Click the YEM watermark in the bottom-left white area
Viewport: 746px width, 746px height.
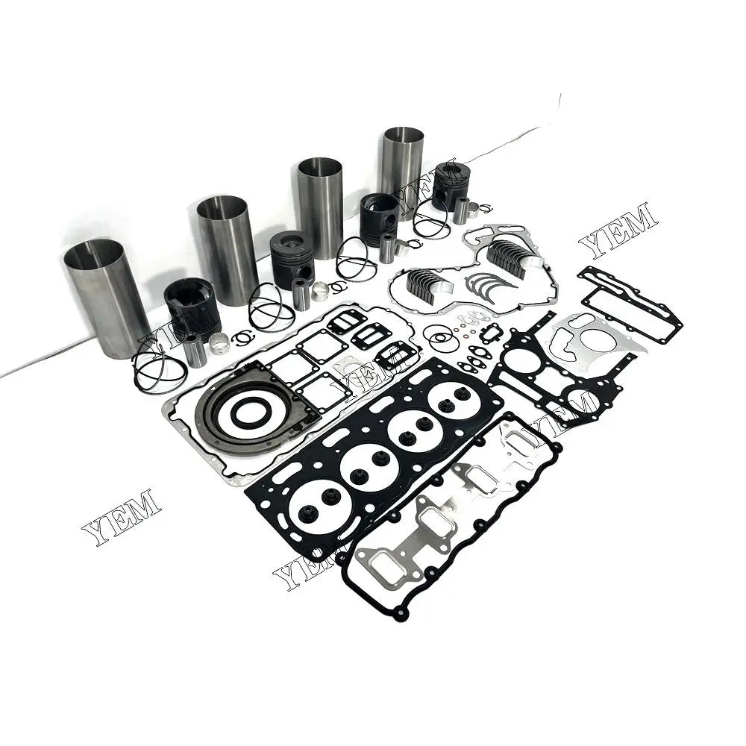tap(121, 518)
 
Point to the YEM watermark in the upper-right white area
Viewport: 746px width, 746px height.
tap(618, 230)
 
